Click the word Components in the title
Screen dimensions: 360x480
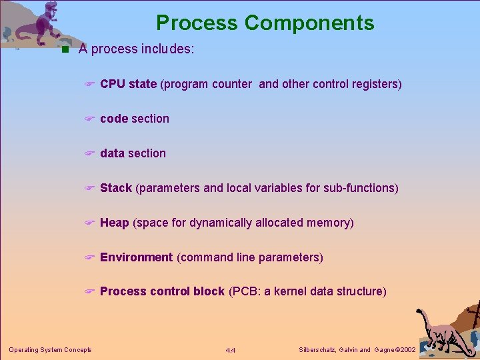click(x=309, y=23)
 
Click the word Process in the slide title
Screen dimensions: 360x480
click(x=197, y=23)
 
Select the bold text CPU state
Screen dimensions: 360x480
click(x=128, y=84)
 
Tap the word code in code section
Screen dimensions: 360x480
click(x=114, y=119)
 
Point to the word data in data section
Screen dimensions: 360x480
click(x=113, y=153)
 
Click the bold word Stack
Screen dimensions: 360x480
click(x=116, y=188)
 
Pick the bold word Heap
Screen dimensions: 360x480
click(x=115, y=223)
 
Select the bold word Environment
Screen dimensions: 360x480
click(x=137, y=257)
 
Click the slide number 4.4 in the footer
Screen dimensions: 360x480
click(x=231, y=350)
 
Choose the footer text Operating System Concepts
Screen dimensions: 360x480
click(x=50, y=350)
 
